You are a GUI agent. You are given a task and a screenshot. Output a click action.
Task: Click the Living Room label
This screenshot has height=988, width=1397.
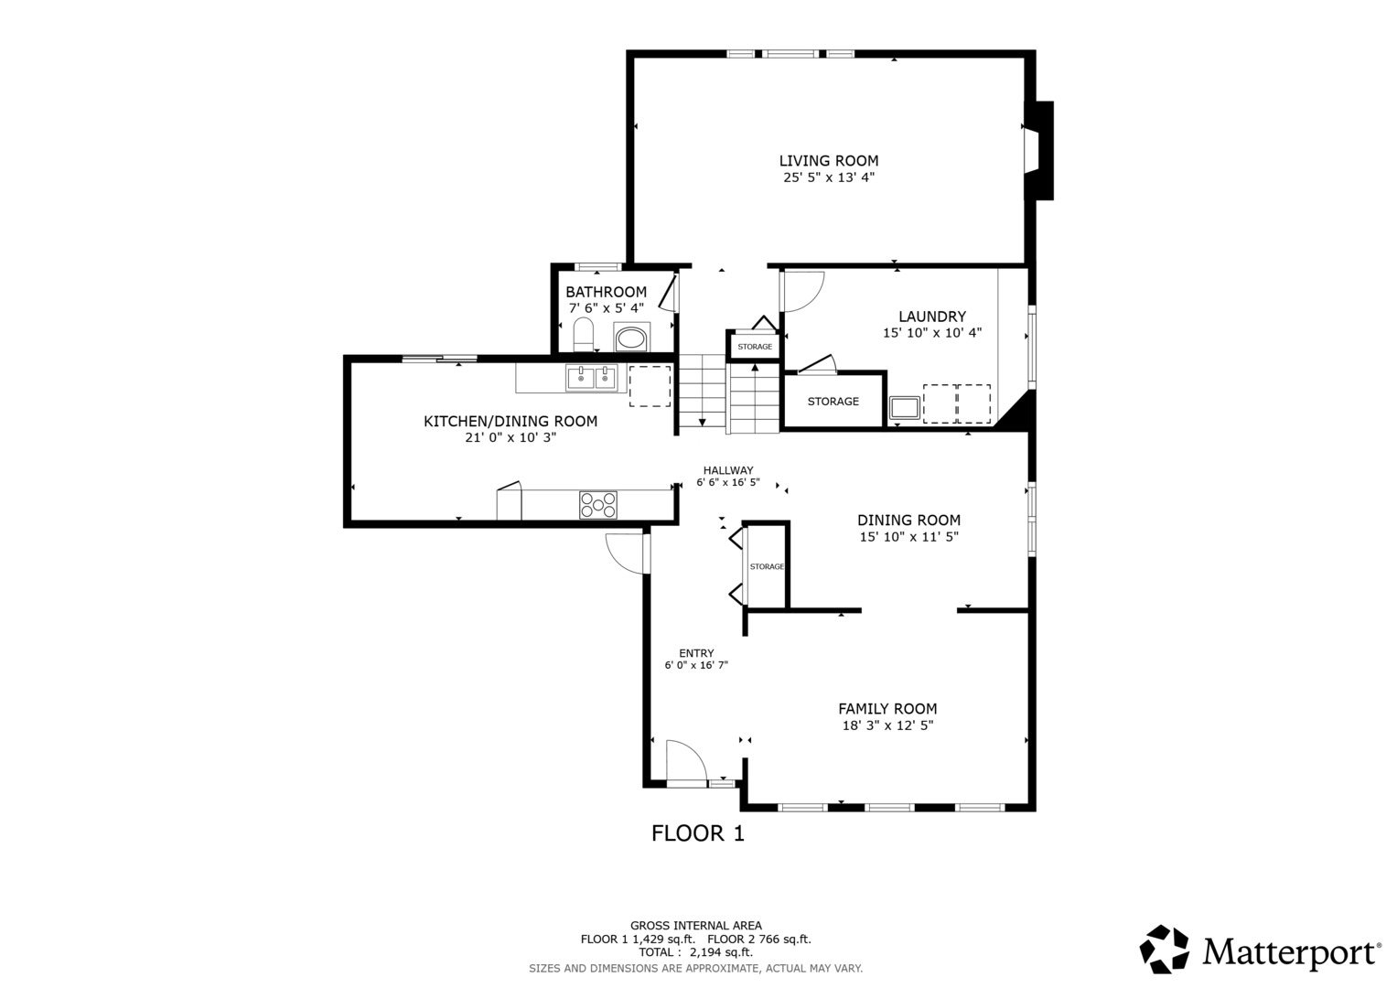tap(828, 161)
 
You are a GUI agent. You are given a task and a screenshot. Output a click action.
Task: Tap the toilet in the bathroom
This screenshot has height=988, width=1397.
tap(584, 335)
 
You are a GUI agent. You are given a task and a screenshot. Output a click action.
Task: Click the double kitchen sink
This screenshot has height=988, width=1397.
tap(591, 378)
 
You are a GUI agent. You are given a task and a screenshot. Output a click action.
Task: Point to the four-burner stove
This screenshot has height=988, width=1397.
tap(598, 505)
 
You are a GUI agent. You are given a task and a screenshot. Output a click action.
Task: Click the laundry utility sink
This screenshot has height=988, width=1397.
tap(904, 408)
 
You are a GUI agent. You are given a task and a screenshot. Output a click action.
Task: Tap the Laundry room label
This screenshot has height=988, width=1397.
tap(931, 317)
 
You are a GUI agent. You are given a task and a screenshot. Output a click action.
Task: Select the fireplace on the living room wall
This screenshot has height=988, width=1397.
tap(1039, 151)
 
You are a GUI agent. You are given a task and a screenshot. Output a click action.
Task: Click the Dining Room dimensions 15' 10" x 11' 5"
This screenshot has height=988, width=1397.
tap(908, 536)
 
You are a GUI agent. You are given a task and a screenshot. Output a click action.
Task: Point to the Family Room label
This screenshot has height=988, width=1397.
tap(887, 709)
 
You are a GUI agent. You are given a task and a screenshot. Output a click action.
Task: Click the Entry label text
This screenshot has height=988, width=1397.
tap(696, 653)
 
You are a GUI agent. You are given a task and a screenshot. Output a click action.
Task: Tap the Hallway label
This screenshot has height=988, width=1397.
tap(728, 470)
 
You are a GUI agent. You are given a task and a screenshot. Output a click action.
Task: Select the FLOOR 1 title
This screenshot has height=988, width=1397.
tap(698, 833)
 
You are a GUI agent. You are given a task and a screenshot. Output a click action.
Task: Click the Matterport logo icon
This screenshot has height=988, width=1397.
tap(1164, 950)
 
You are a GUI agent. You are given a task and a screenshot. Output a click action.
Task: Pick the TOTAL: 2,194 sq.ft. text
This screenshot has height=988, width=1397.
tap(695, 952)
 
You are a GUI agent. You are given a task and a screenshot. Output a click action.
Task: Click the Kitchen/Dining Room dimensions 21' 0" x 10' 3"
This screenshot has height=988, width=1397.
tap(510, 438)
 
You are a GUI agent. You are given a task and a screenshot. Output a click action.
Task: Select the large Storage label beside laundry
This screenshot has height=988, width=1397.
tap(833, 401)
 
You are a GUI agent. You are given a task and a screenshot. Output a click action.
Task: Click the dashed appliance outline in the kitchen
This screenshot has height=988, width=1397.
tap(650, 386)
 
